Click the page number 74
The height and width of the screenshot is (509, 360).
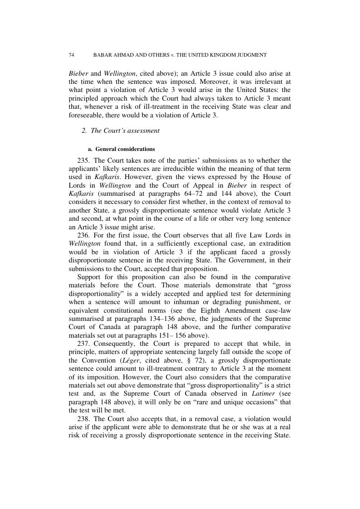(71, 55)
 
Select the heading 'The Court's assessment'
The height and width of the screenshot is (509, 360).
(125, 131)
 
